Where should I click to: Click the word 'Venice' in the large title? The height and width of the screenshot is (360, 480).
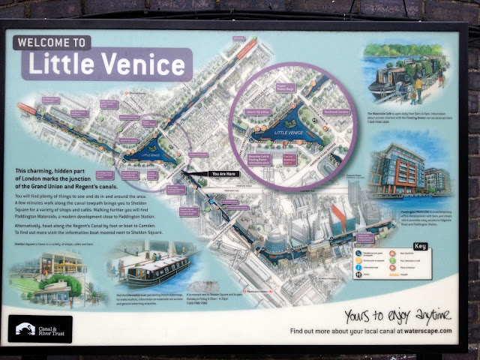click(x=139, y=64)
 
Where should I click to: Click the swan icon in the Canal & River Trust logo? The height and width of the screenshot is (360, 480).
click(x=24, y=328)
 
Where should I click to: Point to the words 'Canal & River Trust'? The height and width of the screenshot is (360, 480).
click(x=52, y=328)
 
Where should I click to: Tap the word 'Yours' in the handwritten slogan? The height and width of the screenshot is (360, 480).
click(x=358, y=313)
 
